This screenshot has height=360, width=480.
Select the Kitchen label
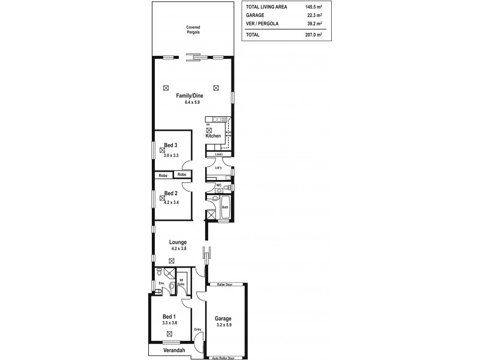pyautogui.click(x=213, y=136)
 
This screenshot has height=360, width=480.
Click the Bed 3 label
pyautogui.click(x=170, y=145)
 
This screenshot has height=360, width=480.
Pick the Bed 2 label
pyautogui.click(x=170, y=193)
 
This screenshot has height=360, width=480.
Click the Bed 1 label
pyautogui.click(x=169, y=316)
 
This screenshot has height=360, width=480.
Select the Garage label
pyautogui.click(x=223, y=319)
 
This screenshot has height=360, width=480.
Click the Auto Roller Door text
pyautogui.click(x=226, y=358)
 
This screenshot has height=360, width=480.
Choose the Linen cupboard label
pyautogui.click(x=219, y=155)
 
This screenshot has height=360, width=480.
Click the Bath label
pyautogui.click(x=226, y=208)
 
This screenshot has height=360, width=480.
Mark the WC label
pyautogui.click(x=219, y=185)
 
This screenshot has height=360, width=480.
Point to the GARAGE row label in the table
pyautogui.click(x=256, y=15)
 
